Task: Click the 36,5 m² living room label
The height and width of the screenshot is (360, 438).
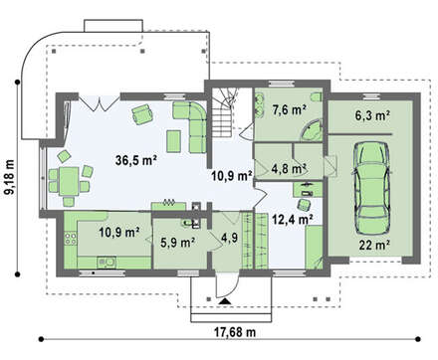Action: pyautogui.click(x=136, y=160)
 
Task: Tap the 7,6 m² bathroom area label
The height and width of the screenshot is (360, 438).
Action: pyautogui.click(x=289, y=109)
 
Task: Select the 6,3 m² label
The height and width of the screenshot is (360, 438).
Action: pyautogui.click(x=372, y=115)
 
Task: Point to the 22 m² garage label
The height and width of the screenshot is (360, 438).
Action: pyautogui.click(x=374, y=245)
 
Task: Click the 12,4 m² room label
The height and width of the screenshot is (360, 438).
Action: pyautogui.click(x=293, y=219)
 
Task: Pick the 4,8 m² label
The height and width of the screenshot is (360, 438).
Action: pyautogui.click(x=289, y=168)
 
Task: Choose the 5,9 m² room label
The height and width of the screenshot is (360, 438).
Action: pyautogui.click(x=177, y=243)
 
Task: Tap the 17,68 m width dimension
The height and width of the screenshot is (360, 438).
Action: pyautogui.click(x=234, y=332)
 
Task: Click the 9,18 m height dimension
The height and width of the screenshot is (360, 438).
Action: pyautogui.click(x=10, y=177)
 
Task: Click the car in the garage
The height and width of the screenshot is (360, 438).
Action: pyautogui.click(x=371, y=188)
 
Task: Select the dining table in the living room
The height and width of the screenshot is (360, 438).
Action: pyautogui.click(x=69, y=181)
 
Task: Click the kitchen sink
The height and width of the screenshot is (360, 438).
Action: pyautogui.click(x=107, y=263)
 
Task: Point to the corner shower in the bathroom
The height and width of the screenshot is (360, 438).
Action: pyautogui.click(x=312, y=130)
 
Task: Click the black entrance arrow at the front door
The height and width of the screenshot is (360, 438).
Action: pyautogui.click(x=225, y=301)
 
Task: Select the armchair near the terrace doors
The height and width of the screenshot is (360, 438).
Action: pyautogui.click(x=142, y=113)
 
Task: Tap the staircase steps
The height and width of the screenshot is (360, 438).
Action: pyautogui.click(x=222, y=113)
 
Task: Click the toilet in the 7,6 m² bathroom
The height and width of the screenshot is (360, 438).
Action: pyautogui.click(x=317, y=96)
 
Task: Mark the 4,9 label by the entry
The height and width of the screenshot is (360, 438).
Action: pyautogui.click(x=230, y=239)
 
